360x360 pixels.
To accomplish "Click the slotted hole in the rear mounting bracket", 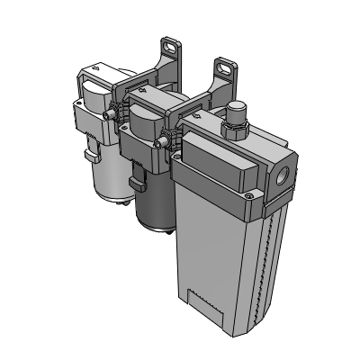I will point(171,45).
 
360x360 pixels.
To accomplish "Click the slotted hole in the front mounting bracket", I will point(222,67).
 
